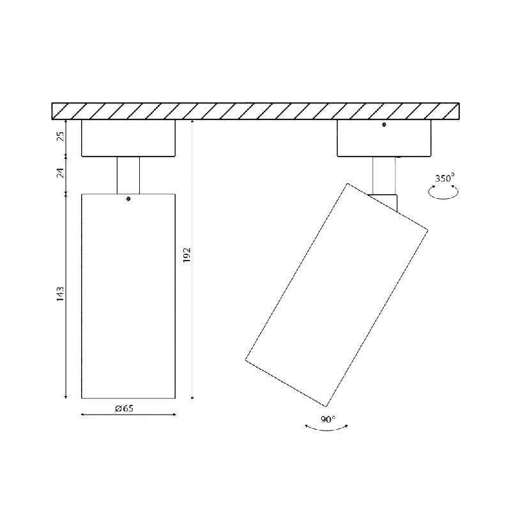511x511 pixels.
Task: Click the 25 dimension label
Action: [x=61, y=135]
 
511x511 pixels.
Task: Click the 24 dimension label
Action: [x=61, y=172]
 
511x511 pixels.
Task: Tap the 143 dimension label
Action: [x=60, y=294]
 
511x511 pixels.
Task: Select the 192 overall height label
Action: [x=187, y=256]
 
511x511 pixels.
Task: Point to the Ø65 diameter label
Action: [x=124, y=408]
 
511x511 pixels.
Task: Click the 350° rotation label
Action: [x=445, y=178]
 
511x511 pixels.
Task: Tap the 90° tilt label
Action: [x=328, y=420]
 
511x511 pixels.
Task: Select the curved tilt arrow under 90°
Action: [x=326, y=429]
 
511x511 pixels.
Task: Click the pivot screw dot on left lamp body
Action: [x=128, y=199]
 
